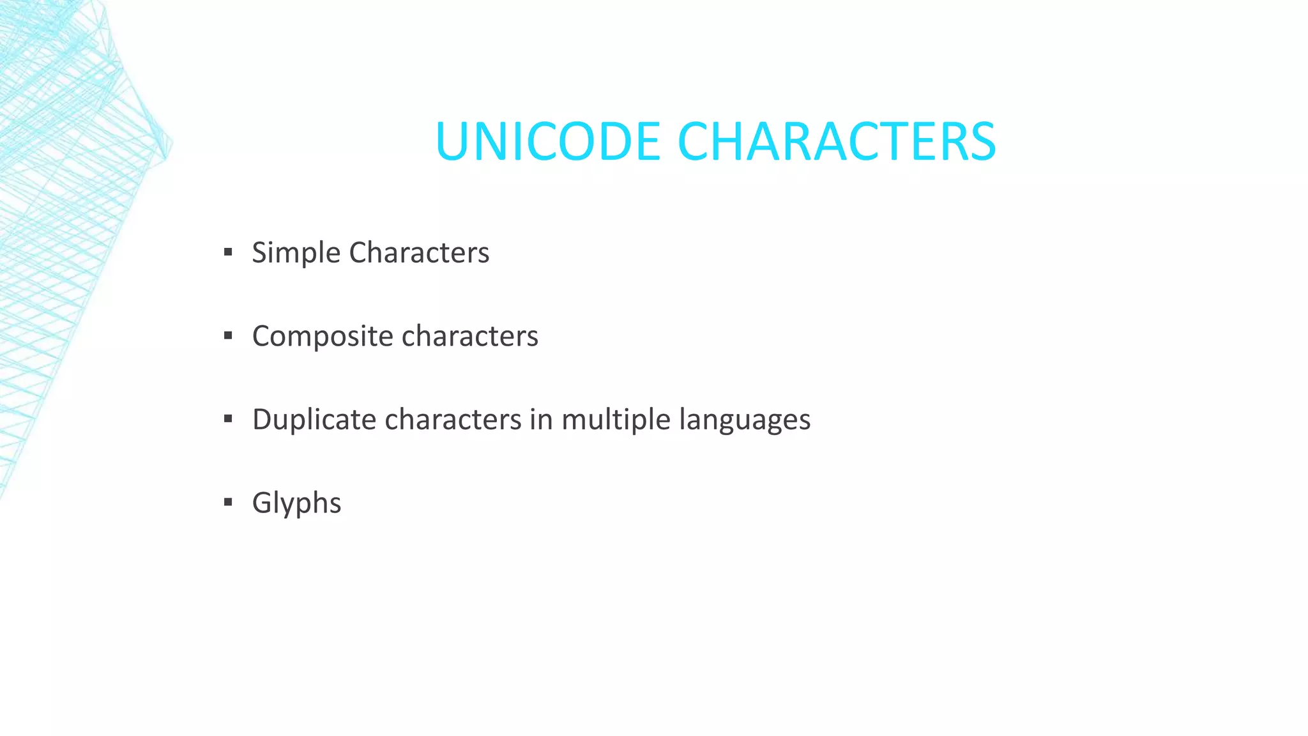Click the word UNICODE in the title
point(547,141)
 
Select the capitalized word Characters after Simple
point(419,252)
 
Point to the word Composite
point(323,337)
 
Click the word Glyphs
point(297,503)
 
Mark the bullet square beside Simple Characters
point(228,252)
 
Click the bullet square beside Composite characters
point(228,336)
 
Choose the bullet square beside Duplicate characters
point(228,419)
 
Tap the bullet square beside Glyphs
point(228,503)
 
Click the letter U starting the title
point(452,141)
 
